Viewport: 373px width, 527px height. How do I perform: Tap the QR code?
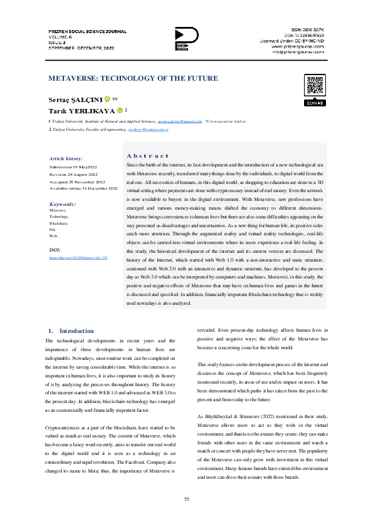[x=315, y=85]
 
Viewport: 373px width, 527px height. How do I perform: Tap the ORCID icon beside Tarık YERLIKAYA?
[x=120, y=110]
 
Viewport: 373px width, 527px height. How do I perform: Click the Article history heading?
[x=65, y=159]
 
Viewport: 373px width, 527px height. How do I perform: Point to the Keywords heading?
[x=63, y=204]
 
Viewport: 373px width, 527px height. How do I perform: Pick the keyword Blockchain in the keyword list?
[x=58, y=223]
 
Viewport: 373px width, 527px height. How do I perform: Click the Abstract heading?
[x=147, y=155]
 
